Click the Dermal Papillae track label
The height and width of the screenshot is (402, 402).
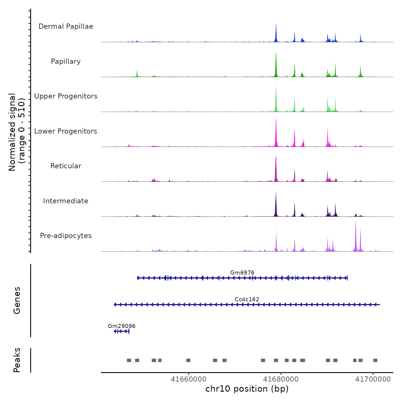(66, 26)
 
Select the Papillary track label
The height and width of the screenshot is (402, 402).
(66, 61)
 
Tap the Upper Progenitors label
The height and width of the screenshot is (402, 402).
(66, 96)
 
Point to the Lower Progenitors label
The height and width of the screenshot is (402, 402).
(66, 131)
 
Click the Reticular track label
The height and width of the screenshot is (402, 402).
(66, 166)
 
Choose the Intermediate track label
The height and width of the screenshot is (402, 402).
(66, 201)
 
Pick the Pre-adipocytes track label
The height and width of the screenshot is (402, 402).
(66, 236)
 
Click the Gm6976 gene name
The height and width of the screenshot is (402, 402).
(242, 272)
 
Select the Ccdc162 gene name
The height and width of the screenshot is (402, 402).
(247, 299)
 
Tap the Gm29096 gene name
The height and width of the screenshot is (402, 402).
(121, 326)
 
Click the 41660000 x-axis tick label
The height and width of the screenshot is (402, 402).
(189, 379)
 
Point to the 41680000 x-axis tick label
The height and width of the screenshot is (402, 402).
(281, 379)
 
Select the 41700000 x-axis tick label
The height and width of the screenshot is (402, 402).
(373, 379)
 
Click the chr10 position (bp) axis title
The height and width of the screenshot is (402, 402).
(247, 389)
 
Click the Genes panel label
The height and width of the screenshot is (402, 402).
(17, 300)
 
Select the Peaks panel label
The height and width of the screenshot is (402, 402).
(17, 360)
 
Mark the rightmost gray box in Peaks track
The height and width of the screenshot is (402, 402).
(375, 360)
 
